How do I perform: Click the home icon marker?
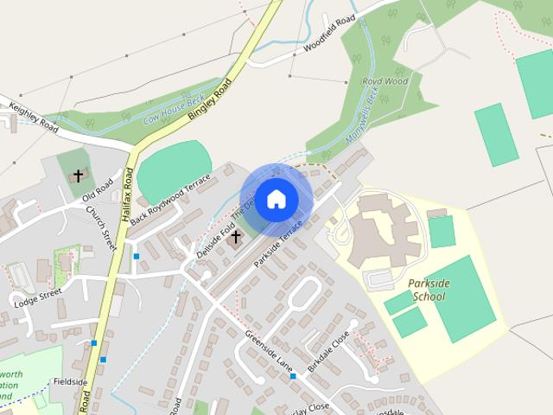(276, 200)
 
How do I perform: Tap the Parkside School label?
(428, 290)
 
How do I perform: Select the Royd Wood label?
(385, 82)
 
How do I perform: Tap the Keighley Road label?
(34, 118)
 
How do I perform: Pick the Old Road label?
(98, 191)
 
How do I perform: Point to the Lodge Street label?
(37, 298)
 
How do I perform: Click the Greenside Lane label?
(268, 350)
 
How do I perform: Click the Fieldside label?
(70, 381)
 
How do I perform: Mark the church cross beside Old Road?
(78, 176)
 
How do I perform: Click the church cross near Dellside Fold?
(234, 236)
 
